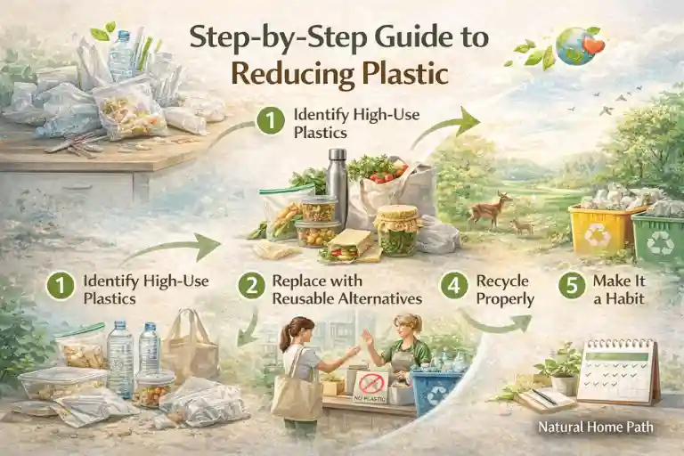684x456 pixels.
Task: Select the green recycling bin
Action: (x=657, y=236)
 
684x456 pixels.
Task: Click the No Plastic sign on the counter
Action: (x=370, y=385)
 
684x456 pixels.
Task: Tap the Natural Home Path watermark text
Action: (x=596, y=427)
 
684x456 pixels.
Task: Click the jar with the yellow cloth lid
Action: (x=398, y=230)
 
